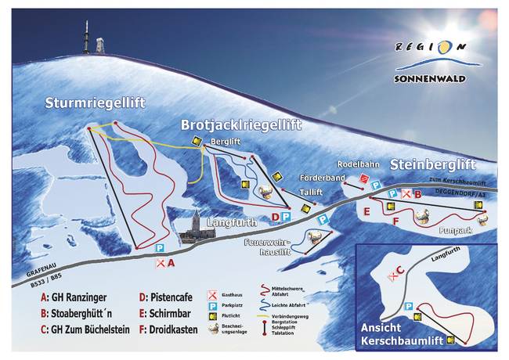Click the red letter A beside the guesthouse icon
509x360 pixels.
point(171,264)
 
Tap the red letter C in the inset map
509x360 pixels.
point(400,270)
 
